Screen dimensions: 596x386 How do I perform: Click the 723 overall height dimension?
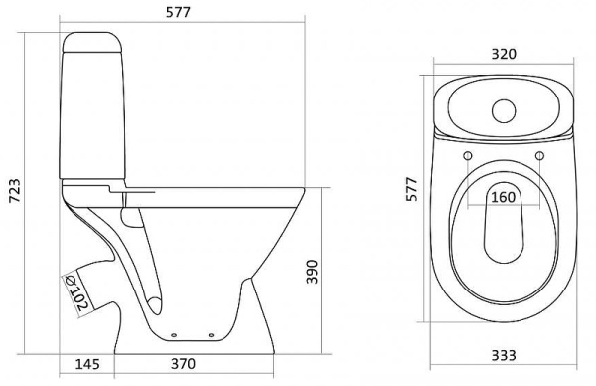tap(15, 190)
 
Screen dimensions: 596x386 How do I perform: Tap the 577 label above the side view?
tap(178, 13)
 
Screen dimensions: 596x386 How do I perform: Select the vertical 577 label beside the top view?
tap(411, 189)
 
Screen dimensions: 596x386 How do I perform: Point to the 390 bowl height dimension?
tap(312, 272)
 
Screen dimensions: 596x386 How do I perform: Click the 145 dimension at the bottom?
tap(87, 364)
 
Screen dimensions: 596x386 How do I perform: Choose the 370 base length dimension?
tap(183, 363)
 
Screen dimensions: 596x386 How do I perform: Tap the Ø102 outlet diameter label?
tap(76, 293)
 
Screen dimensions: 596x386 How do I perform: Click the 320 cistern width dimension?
tap(504, 54)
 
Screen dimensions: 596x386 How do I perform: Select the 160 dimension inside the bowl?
tap(504, 197)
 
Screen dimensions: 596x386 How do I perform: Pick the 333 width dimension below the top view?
tap(504, 355)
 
